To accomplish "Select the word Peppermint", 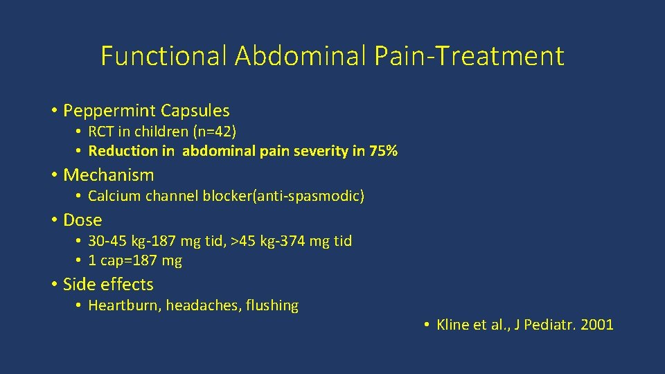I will click(x=109, y=110).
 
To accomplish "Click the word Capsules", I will click(x=195, y=110).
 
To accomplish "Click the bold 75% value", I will click(x=384, y=151).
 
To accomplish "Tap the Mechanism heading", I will click(x=108, y=175).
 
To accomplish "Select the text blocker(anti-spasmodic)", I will click(x=283, y=197).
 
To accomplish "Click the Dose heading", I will click(x=82, y=220).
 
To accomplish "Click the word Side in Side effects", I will click(x=78, y=284).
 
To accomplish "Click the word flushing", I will click(x=272, y=305).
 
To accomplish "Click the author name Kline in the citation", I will click(x=453, y=325).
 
